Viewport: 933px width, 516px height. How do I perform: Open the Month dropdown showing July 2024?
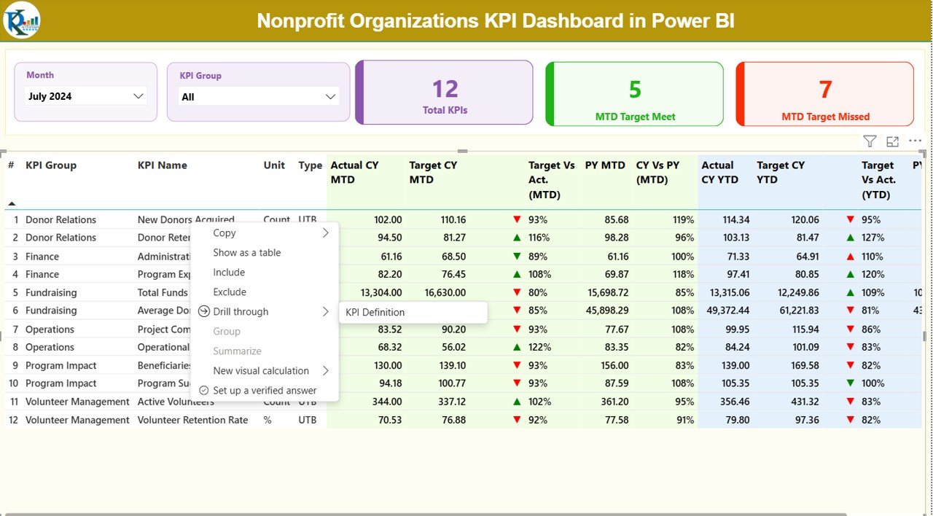(86, 96)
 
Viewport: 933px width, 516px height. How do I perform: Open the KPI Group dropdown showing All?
(259, 97)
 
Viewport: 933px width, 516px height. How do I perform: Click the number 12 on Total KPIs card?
(445, 89)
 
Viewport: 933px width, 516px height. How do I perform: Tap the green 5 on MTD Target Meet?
(635, 90)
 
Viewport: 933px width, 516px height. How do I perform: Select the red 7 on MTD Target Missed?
(825, 90)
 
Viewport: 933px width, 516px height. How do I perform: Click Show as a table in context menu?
(246, 253)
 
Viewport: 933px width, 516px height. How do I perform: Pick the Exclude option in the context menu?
(230, 292)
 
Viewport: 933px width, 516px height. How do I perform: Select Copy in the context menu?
(225, 233)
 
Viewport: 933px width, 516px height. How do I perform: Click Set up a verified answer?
(265, 391)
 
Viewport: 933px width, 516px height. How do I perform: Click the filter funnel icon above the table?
(870, 141)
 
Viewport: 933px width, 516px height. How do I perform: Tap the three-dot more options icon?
(915, 141)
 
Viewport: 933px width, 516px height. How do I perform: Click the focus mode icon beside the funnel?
(892, 141)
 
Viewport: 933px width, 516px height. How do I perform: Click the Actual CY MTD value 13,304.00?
(377, 293)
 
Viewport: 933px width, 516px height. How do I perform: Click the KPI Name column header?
(163, 165)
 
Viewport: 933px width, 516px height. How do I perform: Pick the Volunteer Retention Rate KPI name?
(192, 420)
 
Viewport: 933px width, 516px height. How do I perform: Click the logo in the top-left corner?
(21, 20)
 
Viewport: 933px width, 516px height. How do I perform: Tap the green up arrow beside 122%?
(517, 348)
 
